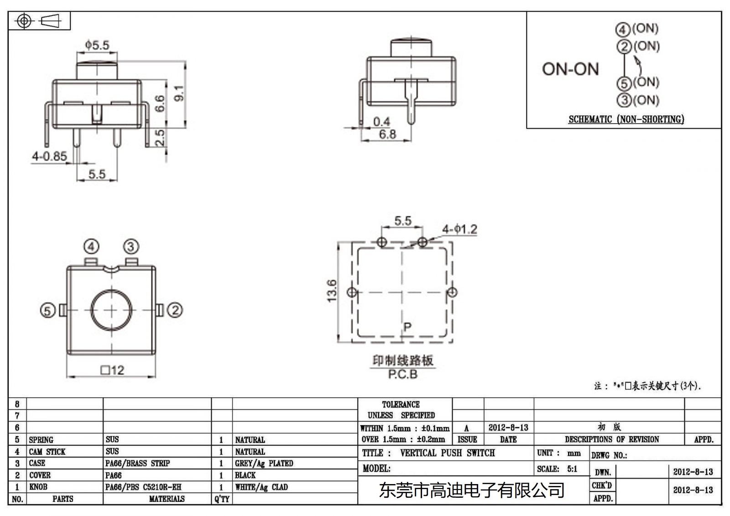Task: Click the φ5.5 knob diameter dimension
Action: [x=97, y=45]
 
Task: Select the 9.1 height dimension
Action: [x=180, y=93]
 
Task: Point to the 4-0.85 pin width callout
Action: [x=49, y=156]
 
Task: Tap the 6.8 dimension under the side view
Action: [x=387, y=135]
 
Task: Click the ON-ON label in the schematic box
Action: [x=570, y=69]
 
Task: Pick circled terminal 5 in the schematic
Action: [x=624, y=83]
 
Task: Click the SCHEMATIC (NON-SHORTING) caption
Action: [x=626, y=120]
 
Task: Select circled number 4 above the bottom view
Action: [x=92, y=247]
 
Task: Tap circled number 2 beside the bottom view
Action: [x=175, y=310]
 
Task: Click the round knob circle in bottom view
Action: [x=112, y=310]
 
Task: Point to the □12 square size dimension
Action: [x=112, y=370]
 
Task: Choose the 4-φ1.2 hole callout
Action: [x=459, y=229]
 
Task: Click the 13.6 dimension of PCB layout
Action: [x=332, y=291]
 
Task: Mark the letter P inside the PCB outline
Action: [x=407, y=327]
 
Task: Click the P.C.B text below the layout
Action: [x=402, y=375]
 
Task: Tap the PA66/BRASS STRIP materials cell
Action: [x=137, y=464]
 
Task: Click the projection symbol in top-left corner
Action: [x=39, y=21]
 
